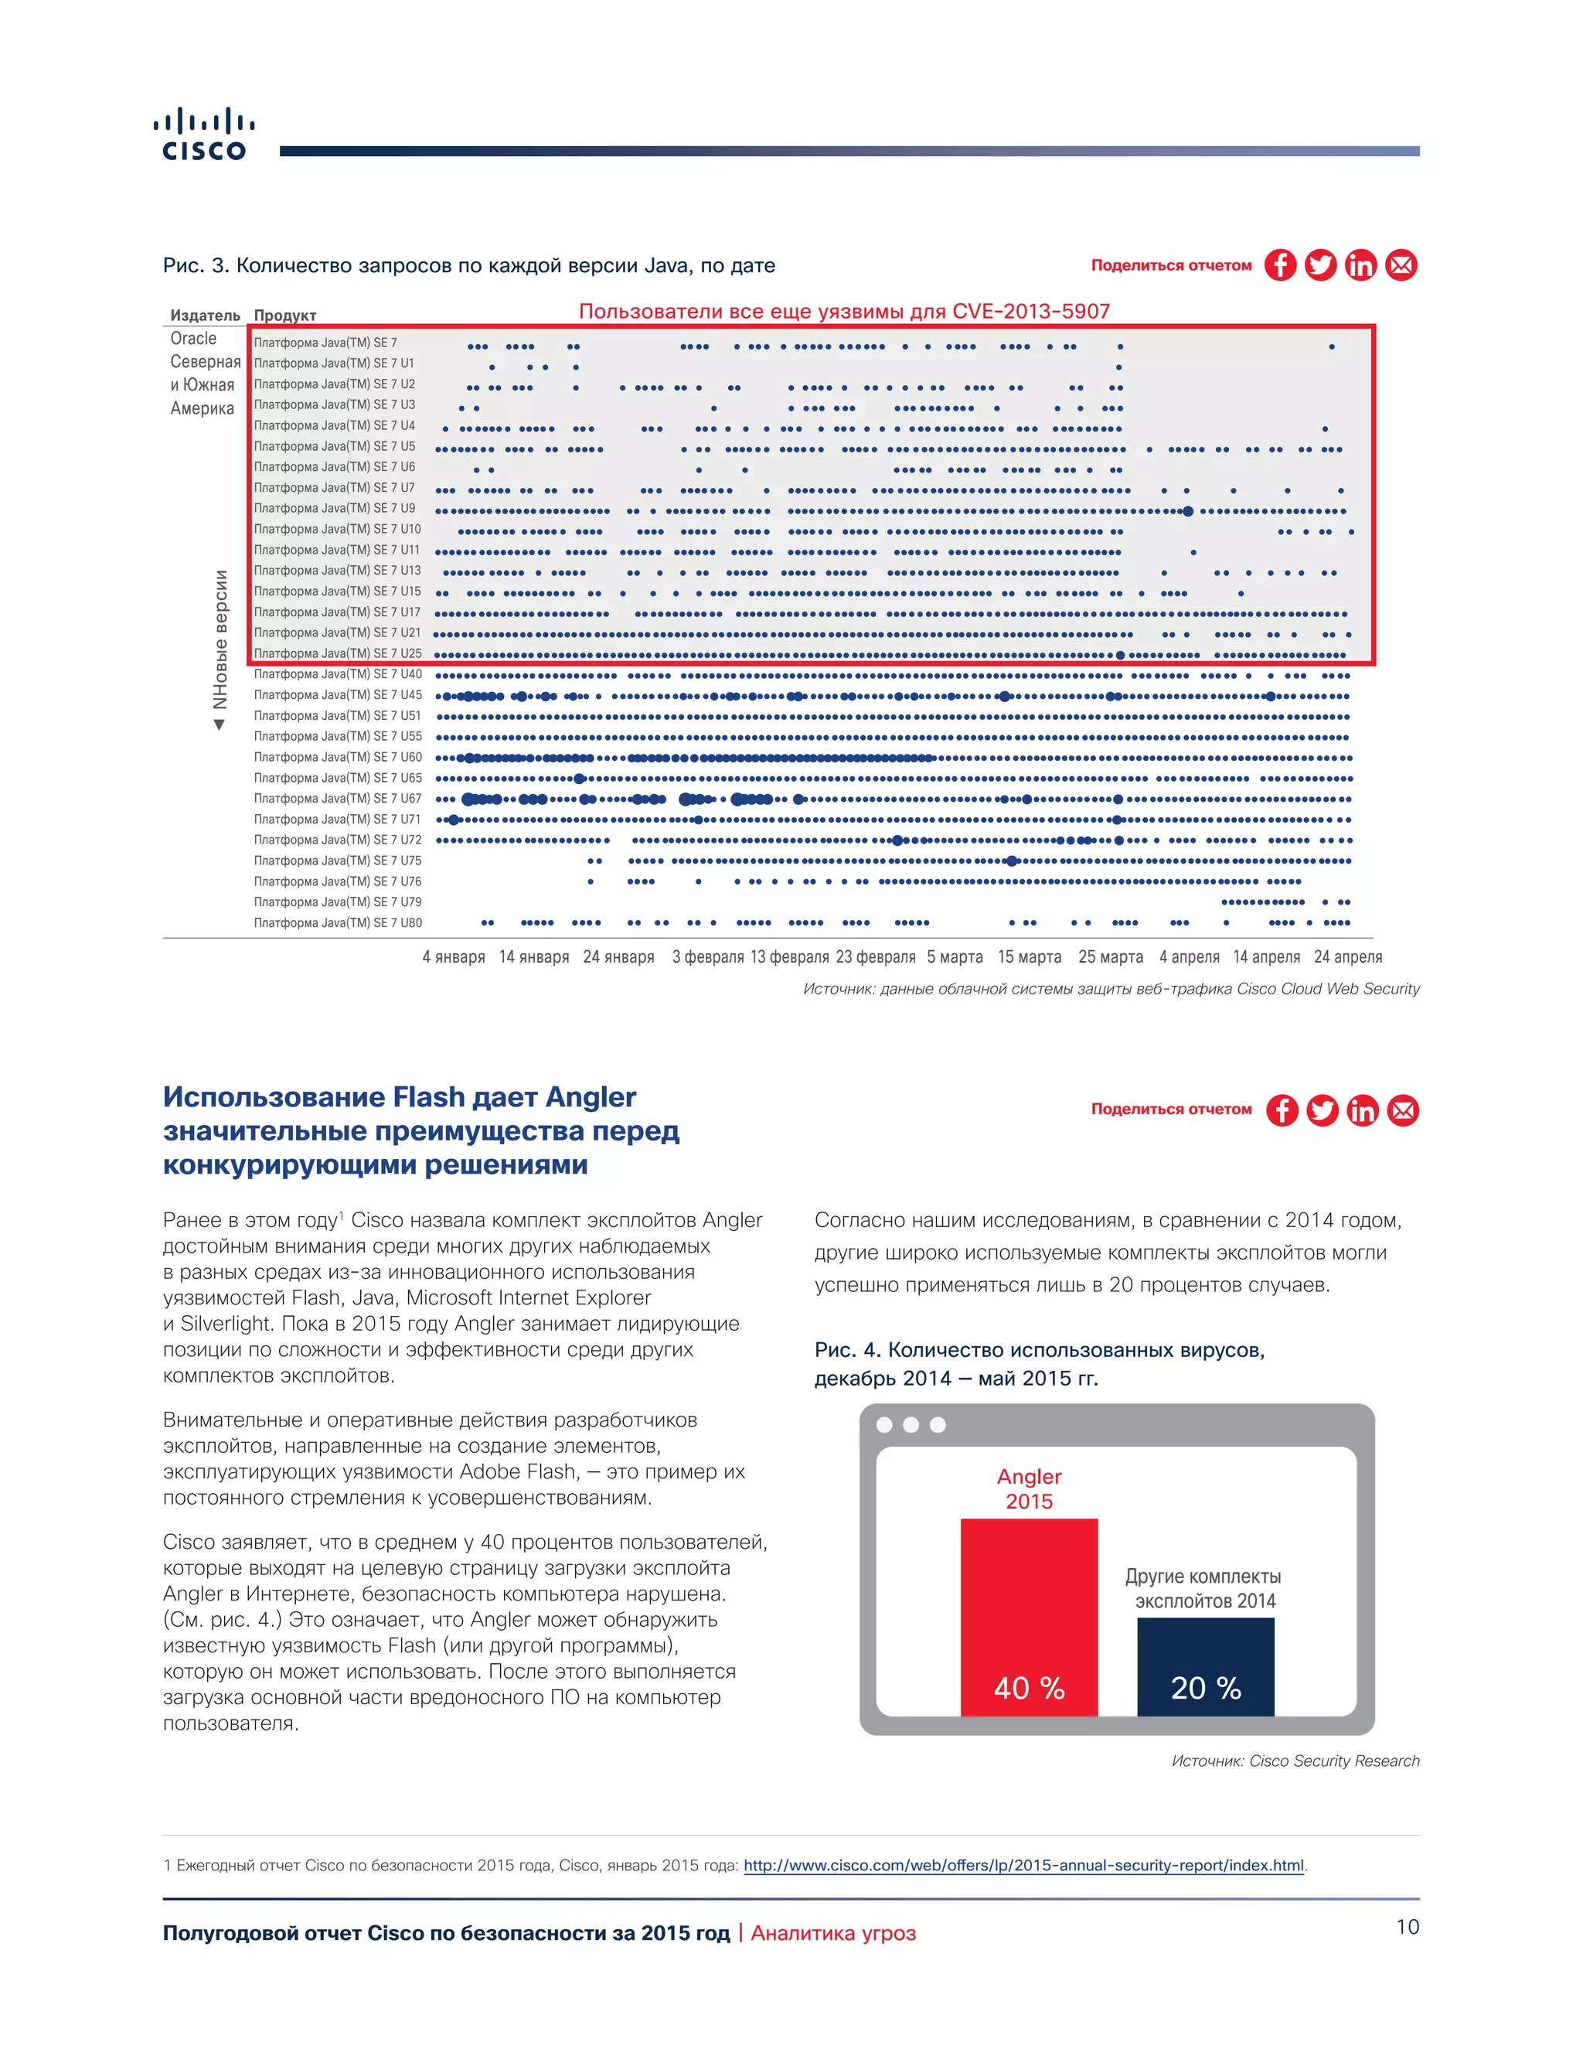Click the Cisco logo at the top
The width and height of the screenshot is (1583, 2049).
pyautogui.click(x=203, y=136)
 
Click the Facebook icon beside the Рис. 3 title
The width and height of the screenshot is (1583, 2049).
pyautogui.click(x=1280, y=265)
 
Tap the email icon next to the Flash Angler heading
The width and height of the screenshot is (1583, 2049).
pyautogui.click(x=1403, y=1111)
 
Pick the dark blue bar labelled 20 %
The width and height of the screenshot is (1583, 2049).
pyautogui.click(x=1205, y=1667)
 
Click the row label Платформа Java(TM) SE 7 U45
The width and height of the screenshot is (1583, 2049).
pyautogui.click(x=338, y=695)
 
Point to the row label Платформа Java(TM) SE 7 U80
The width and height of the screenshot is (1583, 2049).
pyautogui.click(x=338, y=923)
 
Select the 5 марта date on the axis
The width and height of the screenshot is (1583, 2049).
pyautogui.click(x=955, y=957)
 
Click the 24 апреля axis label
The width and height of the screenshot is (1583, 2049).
pyautogui.click(x=1347, y=957)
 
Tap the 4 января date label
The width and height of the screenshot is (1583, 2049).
pyautogui.click(x=453, y=957)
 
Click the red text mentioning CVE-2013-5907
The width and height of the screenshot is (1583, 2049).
pyautogui.click(x=844, y=312)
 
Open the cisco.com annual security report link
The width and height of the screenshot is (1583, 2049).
pyautogui.click(x=1023, y=1865)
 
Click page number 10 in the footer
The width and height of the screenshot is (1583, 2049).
pyautogui.click(x=1407, y=1927)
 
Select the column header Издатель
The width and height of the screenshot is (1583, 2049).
pyautogui.click(x=204, y=315)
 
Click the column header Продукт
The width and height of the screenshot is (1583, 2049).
pyautogui.click(x=285, y=315)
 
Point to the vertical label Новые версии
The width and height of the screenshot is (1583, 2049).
pyautogui.click(x=220, y=640)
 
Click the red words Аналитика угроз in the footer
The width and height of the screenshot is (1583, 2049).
pyautogui.click(x=832, y=1934)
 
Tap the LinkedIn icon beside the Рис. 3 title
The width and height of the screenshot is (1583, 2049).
pyautogui.click(x=1360, y=265)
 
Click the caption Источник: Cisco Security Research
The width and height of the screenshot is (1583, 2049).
pyautogui.click(x=1295, y=1761)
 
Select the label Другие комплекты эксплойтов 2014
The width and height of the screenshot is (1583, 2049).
pyautogui.click(x=1204, y=1588)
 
